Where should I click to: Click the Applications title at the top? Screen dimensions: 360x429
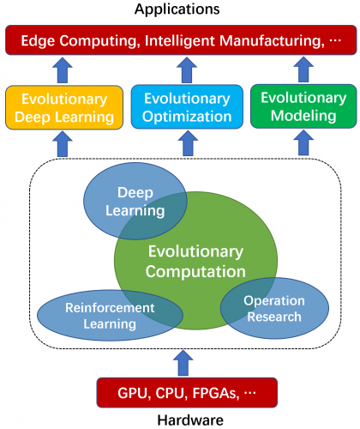[x=177, y=9]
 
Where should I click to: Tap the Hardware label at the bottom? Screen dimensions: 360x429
[x=190, y=420]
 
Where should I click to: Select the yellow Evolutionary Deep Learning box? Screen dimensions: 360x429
[x=64, y=107]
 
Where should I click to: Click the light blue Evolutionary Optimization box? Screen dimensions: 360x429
[x=187, y=106]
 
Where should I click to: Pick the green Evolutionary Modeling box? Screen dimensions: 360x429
[x=303, y=106]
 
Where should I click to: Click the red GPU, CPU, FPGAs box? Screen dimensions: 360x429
[x=187, y=393]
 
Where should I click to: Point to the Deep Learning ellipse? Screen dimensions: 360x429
[x=135, y=202]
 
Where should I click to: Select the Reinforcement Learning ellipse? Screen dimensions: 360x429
[x=110, y=316]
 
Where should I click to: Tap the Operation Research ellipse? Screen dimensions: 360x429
[x=274, y=308]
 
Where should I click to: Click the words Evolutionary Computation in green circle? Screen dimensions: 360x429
[x=195, y=262]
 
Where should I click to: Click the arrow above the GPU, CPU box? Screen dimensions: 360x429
[x=183, y=363]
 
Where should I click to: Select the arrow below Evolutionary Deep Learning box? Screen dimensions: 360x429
[x=63, y=144]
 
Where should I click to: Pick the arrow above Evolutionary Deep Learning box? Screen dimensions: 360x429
[x=63, y=70]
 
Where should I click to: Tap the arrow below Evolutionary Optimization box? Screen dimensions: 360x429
[x=188, y=143]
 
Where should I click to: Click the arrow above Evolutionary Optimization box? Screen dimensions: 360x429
[x=187, y=69]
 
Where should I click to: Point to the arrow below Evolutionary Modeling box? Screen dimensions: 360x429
[x=303, y=142]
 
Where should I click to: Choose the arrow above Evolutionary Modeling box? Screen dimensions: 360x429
[x=303, y=69]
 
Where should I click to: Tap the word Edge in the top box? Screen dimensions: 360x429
[x=38, y=41]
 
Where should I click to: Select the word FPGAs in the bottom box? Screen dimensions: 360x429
[x=216, y=393]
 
